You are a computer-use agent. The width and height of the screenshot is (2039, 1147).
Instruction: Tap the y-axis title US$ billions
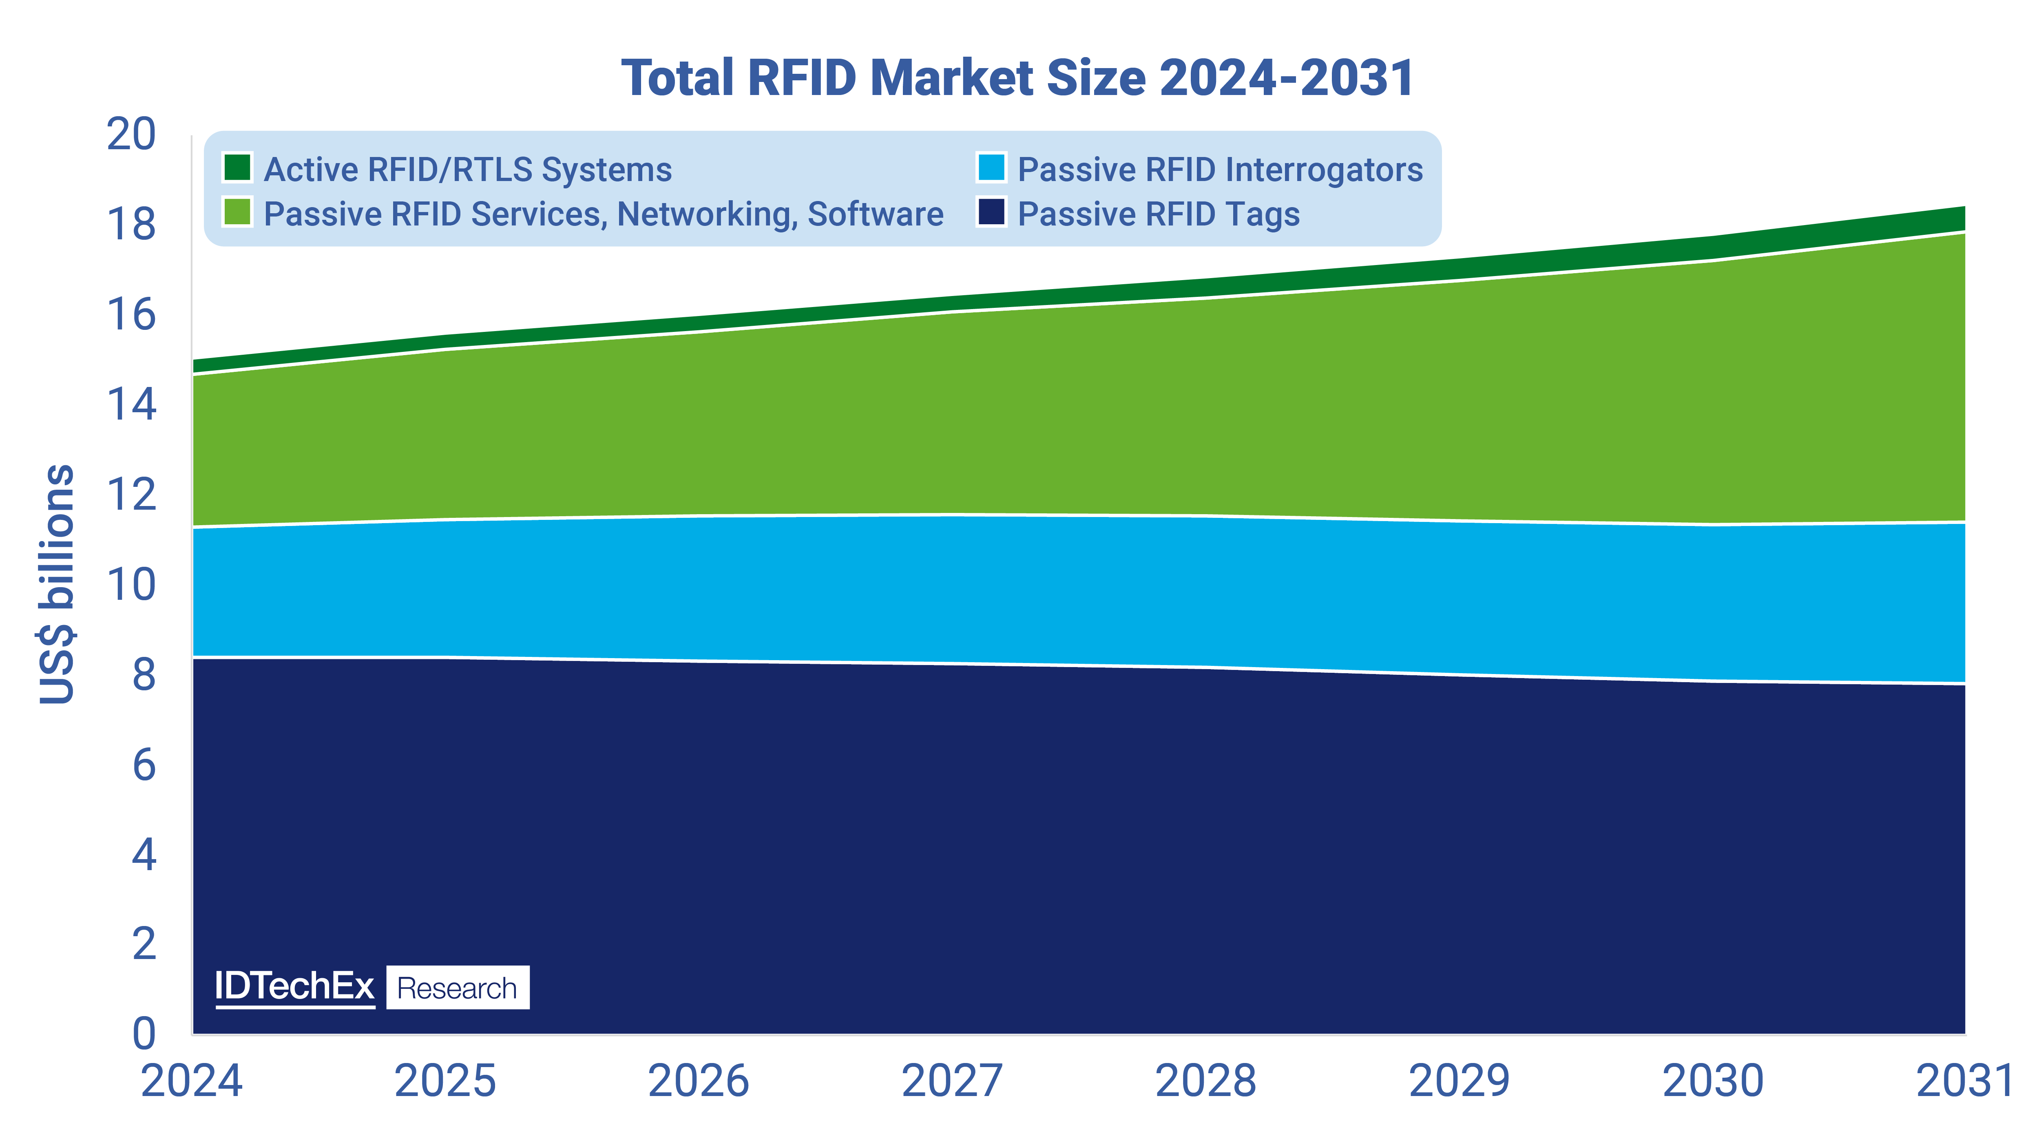[x=57, y=584]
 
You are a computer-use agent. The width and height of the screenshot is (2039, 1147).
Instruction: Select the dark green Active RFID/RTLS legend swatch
[x=237, y=168]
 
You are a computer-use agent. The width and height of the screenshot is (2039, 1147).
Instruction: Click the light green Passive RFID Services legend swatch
[x=237, y=212]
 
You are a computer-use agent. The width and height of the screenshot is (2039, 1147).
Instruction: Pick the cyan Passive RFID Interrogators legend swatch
[x=991, y=168]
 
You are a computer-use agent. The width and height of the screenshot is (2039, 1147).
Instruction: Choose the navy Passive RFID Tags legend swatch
[x=991, y=212]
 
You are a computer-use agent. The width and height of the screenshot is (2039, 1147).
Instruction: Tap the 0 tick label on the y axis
[x=144, y=1034]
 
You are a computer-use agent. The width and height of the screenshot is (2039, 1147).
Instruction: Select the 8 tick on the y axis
[x=144, y=674]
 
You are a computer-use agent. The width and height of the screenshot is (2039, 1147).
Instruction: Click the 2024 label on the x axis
[x=192, y=1081]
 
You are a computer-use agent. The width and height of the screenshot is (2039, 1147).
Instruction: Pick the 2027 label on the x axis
[x=952, y=1081]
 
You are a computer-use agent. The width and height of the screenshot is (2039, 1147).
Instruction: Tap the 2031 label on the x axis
[x=1965, y=1081]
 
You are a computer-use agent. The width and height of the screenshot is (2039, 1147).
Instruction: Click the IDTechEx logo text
[x=294, y=986]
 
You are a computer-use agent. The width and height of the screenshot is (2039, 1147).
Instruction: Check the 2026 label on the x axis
[x=698, y=1081]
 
